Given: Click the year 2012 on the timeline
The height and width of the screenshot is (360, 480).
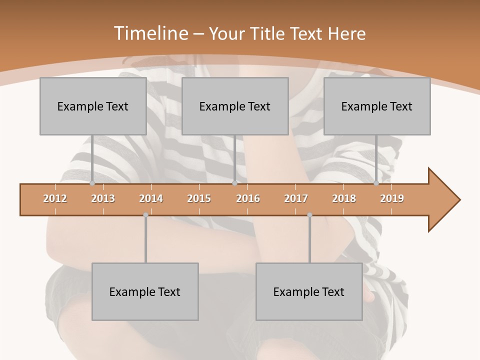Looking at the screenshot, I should coord(55,198).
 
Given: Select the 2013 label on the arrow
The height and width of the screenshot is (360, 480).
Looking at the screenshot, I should coord(103,198).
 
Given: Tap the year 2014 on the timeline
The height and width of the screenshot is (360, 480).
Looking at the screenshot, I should coord(151,198).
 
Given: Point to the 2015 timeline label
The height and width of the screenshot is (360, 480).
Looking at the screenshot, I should coord(199,198).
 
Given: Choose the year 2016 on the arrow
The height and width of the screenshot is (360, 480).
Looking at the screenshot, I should coord(248,198).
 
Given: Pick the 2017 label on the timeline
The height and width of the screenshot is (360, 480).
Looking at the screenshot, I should coord(296,198).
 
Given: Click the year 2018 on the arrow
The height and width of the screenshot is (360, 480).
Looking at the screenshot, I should coord(344,198).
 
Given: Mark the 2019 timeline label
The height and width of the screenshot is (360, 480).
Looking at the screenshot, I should coord(392,198).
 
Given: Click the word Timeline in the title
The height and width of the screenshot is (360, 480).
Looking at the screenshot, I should coord(150,33).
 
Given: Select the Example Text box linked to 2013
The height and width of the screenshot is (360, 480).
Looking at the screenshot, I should coord(93,106).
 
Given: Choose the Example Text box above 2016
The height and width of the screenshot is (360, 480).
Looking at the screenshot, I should coord(235,106).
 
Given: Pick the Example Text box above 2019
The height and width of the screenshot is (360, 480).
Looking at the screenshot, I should coord(377,106).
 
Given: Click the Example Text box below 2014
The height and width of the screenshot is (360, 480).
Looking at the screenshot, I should coord(145,291).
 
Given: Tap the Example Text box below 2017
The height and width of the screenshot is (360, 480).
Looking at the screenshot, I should coord(309,291).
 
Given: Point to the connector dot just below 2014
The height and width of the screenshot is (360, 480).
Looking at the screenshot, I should coord(145,215).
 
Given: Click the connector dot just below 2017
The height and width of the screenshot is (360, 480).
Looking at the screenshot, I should coord(309,215).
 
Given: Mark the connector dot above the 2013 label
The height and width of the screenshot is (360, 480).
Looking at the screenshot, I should coord(92,183).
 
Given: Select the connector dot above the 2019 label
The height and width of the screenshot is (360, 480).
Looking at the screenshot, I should coord(376,183).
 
